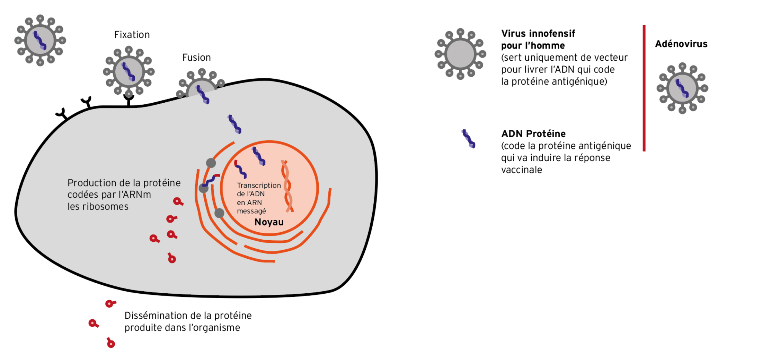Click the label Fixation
(x=132, y=35)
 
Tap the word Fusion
(x=196, y=58)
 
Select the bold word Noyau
(x=269, y=222)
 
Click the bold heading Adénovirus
(x=681, y=44)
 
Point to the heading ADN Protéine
(x=533, y=134)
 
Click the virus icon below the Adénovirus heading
(x=682, y=88)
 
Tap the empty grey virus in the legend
(x=460, y=54)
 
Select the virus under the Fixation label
(x=129, y=72)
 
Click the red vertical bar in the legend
(x=644, y=88)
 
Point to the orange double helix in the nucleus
(x=287, y=186)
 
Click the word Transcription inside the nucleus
(x=259, y=186)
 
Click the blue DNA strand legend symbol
(x=468, y=139)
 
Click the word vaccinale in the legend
(x=521, y=170)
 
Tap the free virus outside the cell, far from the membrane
(x=40, y=41)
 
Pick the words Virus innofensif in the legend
(x=538, y=34)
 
